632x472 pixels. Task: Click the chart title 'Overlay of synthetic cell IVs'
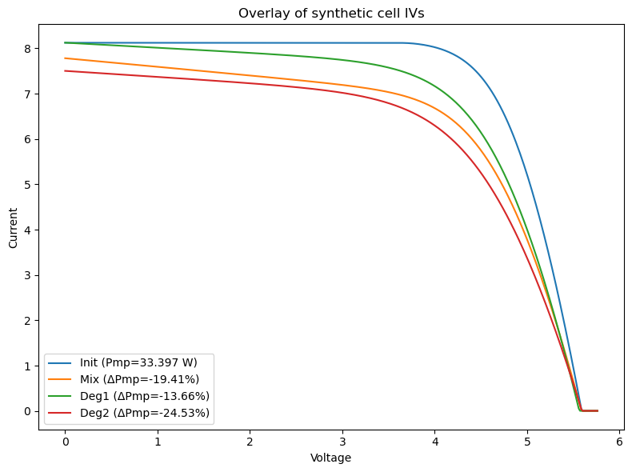click(331, 14)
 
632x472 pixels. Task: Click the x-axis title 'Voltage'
click(330, 458)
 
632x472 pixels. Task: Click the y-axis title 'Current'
click(14, 228)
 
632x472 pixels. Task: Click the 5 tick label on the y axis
click(27, 185)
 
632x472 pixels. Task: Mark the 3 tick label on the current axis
click(27, 276)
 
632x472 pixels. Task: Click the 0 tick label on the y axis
click(27, 411)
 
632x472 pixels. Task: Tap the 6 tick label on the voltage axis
click(619, 442)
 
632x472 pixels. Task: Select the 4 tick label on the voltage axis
click(435, 442)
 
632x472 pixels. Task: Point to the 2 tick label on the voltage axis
click(250, 442)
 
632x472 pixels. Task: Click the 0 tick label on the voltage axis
click(66, 442)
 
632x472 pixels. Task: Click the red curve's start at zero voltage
click(66, 71)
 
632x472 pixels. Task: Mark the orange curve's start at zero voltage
click(66, 58)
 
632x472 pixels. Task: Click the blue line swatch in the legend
click(60, 362)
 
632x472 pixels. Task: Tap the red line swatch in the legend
click(60, 413)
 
